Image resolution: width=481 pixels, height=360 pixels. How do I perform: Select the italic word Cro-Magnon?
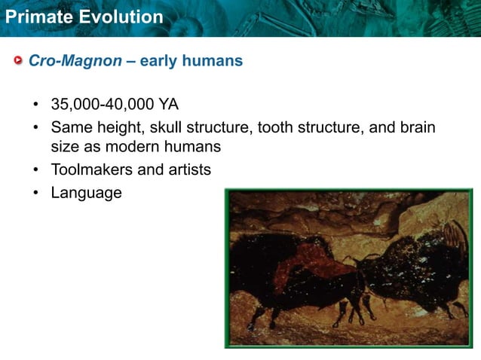tap(75, 61)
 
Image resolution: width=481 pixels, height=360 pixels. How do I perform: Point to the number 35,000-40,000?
tap(97, 104)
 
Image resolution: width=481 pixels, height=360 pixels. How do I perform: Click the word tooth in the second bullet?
tap(277, 127)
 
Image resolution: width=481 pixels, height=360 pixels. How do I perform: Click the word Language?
tap(86, 193)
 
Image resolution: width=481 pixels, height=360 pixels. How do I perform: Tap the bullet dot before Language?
tap(35, 194)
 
